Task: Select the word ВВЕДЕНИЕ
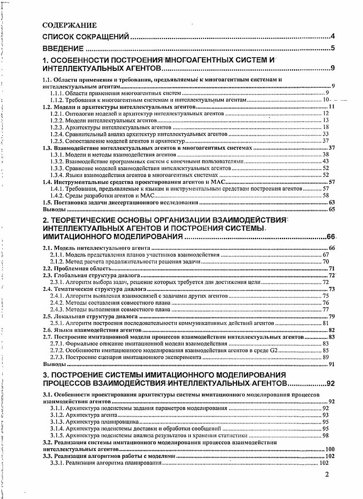[x=63, y=48]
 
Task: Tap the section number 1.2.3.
[x=57, y=127]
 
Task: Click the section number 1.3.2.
[x=57, y=161]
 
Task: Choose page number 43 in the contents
[x=326, y=161]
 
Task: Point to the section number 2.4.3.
[x=57, y=309]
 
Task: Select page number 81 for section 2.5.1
[x=326, y=323]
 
